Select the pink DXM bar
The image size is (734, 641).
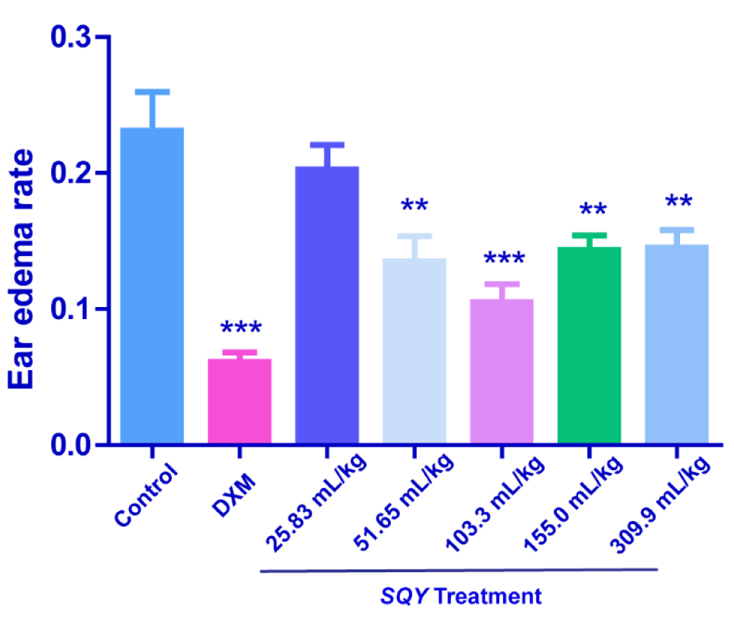click(240, 401)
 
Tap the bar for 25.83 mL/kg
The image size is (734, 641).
click(327, 305)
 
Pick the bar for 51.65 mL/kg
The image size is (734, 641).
click(414, 351)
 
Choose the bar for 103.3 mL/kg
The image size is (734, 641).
click(501, 372)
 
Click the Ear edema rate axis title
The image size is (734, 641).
click(24, 269)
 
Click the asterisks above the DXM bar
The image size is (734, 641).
click(240, 328)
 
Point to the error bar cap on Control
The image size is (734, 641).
click(152, 91)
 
